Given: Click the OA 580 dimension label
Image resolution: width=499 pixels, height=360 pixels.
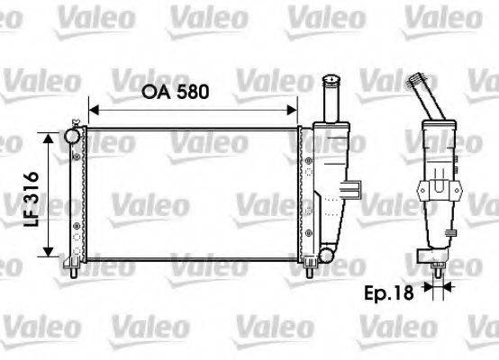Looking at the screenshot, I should click(x=186, y=92).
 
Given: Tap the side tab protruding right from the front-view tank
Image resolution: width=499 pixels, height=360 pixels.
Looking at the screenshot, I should click(x=356, y=189).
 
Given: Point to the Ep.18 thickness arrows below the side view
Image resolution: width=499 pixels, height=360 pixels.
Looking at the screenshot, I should click(x=439, y=290).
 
